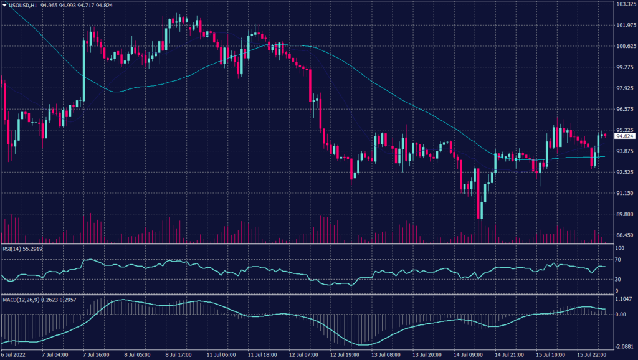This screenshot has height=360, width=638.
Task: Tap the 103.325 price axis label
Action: [625, 4]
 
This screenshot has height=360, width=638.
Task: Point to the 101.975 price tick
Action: [625, 26]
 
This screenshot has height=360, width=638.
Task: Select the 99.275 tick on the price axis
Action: [625, 67]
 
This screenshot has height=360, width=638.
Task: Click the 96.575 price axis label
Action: [625, 109]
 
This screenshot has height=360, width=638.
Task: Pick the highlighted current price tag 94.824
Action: [625, 136]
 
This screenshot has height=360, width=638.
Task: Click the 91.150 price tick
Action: [625, 193]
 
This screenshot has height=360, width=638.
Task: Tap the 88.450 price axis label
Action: [625, 235]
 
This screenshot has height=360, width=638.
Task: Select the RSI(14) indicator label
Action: [14, 249]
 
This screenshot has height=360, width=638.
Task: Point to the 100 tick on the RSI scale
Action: [619, 249]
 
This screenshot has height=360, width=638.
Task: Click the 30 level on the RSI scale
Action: [618, 280]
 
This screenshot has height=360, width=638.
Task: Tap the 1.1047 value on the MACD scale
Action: [624, 300]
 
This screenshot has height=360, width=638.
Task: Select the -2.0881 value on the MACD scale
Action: [624, 345]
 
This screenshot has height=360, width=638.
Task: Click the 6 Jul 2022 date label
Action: [15, 355]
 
